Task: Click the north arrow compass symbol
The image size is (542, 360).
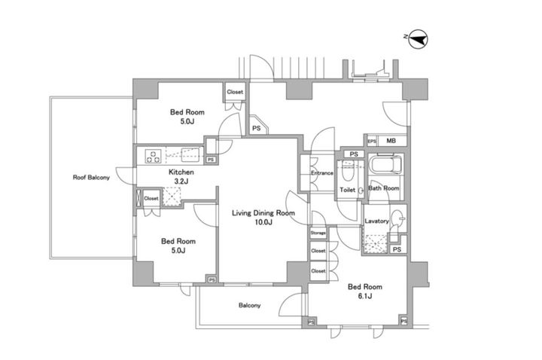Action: [x=418, y=38]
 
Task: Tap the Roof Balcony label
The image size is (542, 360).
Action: [x=91, y=178]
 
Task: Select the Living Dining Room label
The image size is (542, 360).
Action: [x=263, y=213]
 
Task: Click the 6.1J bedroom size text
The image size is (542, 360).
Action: [x=365, y=296]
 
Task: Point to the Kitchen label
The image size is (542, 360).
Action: [x=181, y=172]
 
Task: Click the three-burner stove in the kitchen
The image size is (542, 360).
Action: [x=153, y=155]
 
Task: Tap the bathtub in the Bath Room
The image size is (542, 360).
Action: [x=385, y=165]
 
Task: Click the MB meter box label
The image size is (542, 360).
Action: [x=391, y=141]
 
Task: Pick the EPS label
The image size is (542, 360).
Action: [x=372, y=142]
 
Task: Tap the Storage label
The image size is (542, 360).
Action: [x=318, y=233]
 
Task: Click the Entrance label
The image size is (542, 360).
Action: [x=322, y=173]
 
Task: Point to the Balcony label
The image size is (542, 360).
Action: [x=250, y=305]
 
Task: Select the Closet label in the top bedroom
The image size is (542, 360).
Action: [x=235, y=92]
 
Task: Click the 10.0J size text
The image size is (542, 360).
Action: [x=263, y=222]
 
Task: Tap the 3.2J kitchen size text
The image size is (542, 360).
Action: [x=181, y=182]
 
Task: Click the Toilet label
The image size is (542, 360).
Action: [x=347, y=190]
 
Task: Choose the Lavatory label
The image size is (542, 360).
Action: [x=377, y=221]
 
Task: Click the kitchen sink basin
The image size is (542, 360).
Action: [x=190, y=154]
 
